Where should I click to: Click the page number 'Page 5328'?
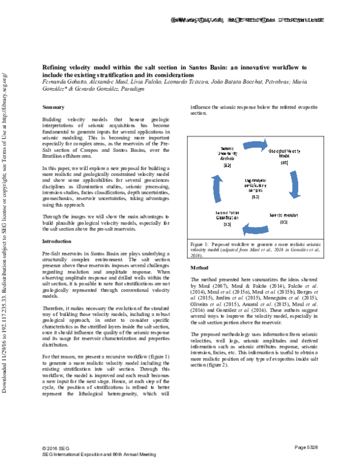pos(310,448)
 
